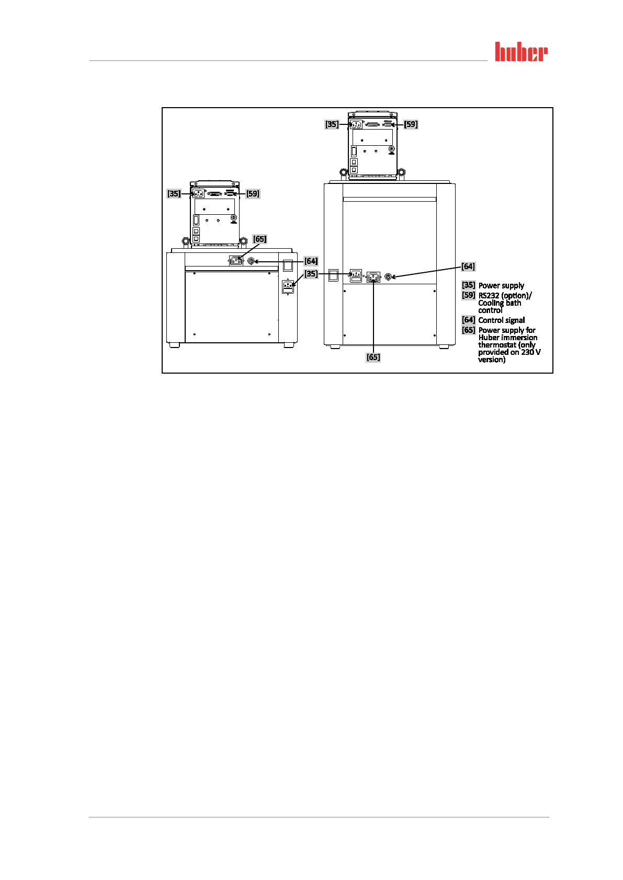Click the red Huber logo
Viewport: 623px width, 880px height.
[521, 52]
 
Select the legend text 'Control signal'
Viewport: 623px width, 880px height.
[501, 320]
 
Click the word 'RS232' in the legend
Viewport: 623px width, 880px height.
[489, 296]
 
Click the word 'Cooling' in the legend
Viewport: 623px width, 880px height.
[491, 303]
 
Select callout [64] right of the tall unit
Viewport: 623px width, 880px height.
[468, 267]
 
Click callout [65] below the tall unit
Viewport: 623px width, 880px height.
[373, 357]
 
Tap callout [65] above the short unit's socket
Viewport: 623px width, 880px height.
[259, 239]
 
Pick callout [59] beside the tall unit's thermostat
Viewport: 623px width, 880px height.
[411, 124]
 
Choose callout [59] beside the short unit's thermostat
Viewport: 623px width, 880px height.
[253, 194]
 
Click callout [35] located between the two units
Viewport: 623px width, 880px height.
[311, 274]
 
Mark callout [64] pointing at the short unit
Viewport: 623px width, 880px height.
[311, 261]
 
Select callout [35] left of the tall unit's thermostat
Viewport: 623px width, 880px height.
[332, 124]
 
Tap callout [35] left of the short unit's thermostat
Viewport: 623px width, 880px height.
[174, 194]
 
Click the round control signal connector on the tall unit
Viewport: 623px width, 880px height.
[388, 276]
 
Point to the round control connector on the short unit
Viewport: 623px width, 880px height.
[251, 261]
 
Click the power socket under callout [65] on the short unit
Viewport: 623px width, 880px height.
[236, 260]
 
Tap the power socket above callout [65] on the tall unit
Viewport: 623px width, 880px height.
[373, 277]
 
